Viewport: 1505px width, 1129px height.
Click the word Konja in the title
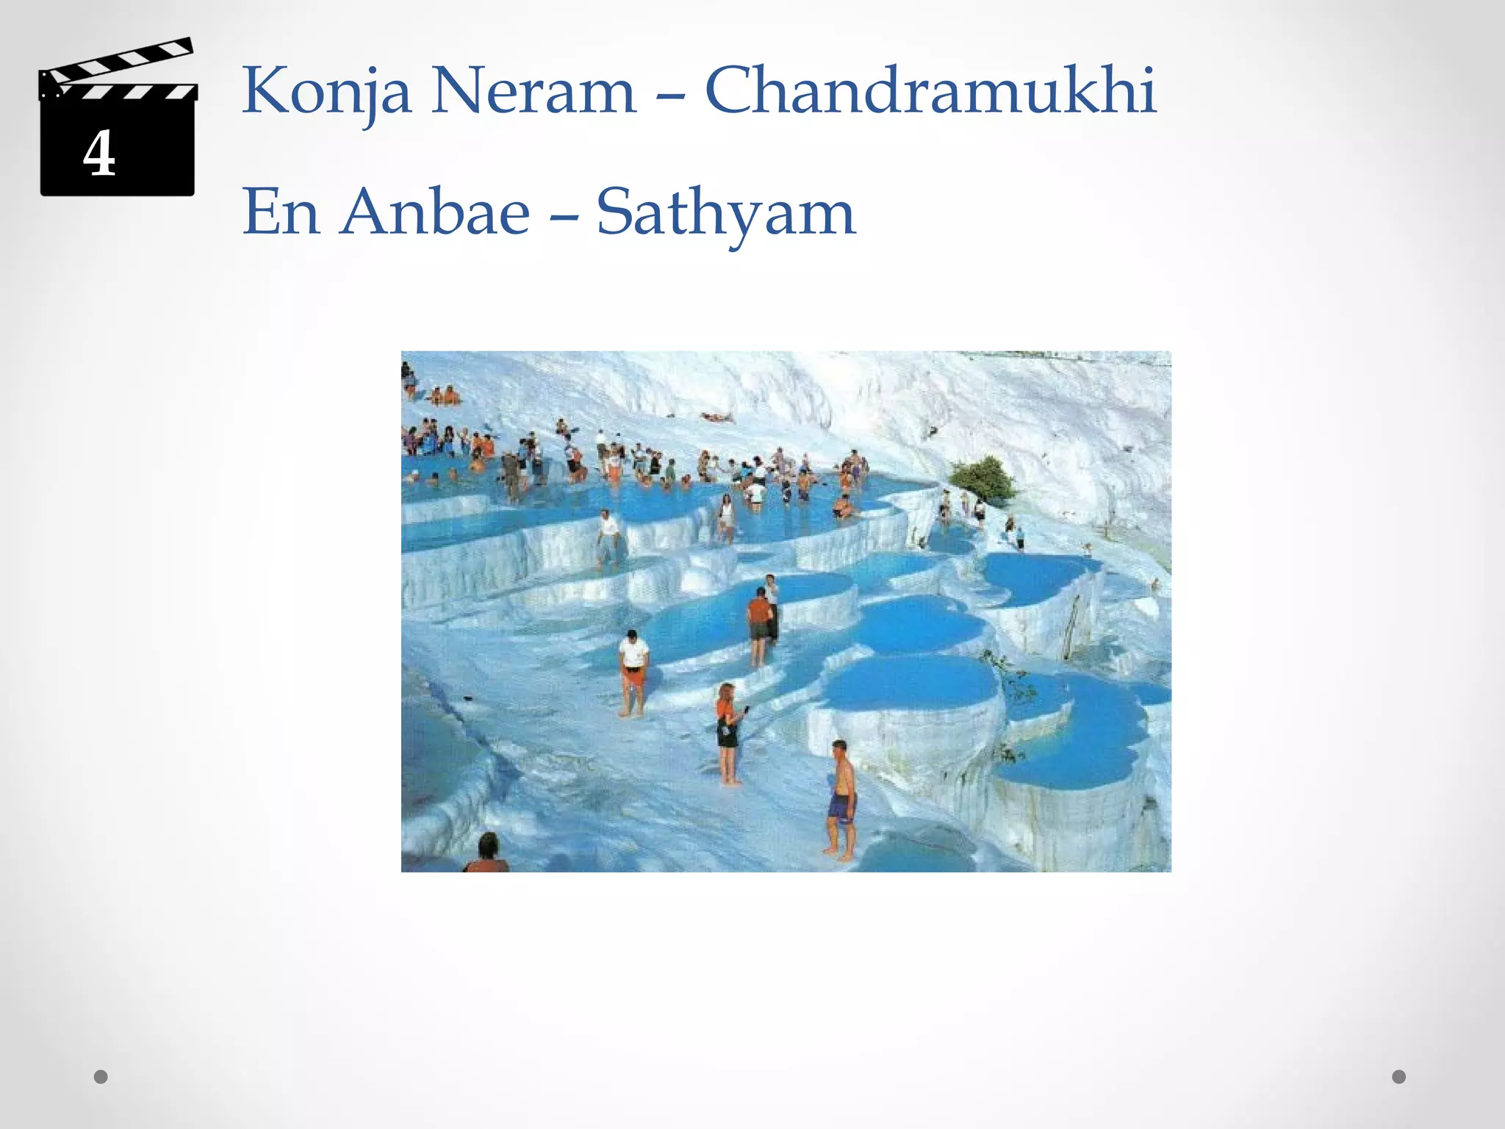click(x=326, y=92)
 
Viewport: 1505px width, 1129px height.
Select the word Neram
click(x=533, y=92)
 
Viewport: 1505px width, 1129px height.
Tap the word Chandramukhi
click(x=930, y=90)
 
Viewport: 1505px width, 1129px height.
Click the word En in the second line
click(x=281, y=212)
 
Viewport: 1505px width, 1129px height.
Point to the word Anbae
click(x=435, y=212)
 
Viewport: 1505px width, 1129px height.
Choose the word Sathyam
click(x=725, y=214)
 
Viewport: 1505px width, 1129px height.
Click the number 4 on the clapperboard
click(x=99, y=154)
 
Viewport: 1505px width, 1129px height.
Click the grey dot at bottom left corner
click(x=101, y=1077)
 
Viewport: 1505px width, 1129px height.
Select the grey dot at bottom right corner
click(x=1399, y=1077)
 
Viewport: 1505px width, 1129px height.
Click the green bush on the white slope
click(x=983, y=479)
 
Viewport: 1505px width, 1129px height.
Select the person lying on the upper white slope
click(x=717, y=417)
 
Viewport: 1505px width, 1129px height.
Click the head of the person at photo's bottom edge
click(x=488, y=845)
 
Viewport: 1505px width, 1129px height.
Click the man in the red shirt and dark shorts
click(x=758, y=625)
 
